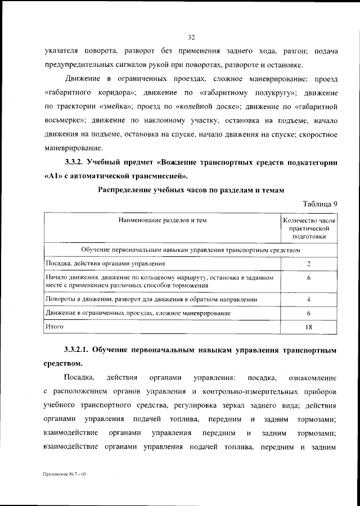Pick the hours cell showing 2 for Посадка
309,263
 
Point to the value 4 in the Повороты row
309,299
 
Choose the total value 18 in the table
309,326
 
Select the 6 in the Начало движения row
309,278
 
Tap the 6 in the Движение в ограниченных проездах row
309,313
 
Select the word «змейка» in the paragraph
117,105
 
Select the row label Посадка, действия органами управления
105,263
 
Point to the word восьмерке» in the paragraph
64,120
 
